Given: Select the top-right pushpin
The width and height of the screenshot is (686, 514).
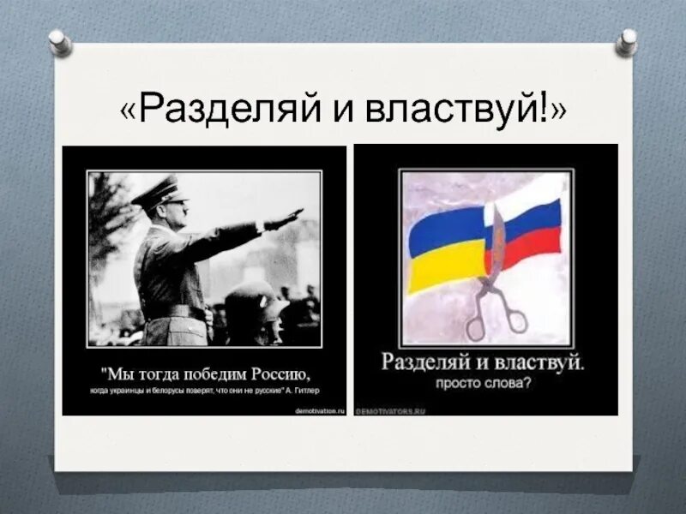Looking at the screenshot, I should pos(627,39).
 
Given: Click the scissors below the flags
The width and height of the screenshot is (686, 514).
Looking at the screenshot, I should pos(496,308).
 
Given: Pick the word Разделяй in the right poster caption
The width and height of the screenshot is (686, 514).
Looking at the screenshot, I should pos(424,362).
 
